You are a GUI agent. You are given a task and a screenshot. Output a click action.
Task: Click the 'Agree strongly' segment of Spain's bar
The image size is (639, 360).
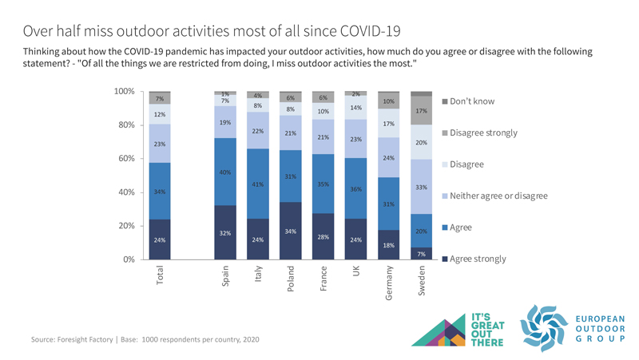point(225,232)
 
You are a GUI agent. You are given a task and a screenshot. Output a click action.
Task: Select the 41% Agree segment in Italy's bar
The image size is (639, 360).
point(258,184)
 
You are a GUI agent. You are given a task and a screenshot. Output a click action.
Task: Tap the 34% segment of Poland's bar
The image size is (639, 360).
point(291,231)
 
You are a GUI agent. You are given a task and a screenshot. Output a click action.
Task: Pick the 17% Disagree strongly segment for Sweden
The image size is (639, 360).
point(421,111)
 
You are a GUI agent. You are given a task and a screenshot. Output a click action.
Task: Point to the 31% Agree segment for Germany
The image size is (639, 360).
point(389,204)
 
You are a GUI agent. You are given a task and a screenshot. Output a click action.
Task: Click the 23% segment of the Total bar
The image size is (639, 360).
point(160,144)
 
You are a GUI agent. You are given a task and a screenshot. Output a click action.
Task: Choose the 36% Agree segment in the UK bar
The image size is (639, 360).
point(356,188)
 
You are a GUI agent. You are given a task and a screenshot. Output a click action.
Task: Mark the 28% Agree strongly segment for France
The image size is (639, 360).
point(323,236)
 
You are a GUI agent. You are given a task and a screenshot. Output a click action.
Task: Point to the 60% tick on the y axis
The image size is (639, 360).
point(125,158)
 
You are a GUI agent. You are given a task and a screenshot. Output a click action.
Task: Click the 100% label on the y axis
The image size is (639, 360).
point(123,91)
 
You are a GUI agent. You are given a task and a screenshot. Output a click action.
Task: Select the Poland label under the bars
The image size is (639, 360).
point(291,279)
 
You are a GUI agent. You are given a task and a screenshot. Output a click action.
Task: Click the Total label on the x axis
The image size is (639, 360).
point(160,276)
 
